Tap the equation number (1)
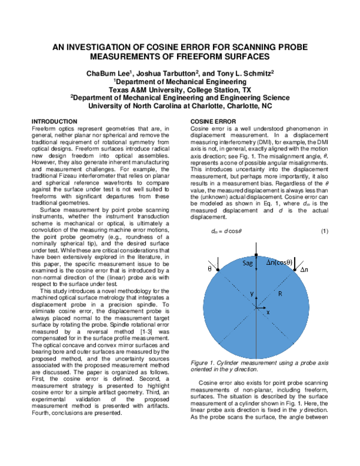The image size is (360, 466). tap(324, 231)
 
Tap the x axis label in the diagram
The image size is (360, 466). tap(268, 313)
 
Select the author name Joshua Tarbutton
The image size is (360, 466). tap(157, 73)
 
